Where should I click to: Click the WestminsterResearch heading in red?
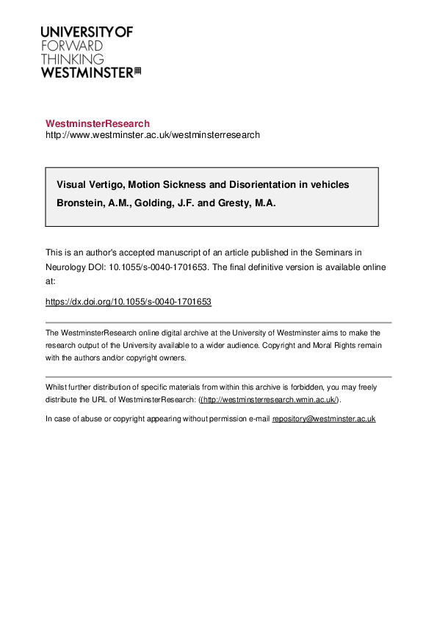coord(98,123)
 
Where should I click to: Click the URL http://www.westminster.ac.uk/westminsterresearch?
coord(153,135)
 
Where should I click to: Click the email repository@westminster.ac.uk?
coord(324,418)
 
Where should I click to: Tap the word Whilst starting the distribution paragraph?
coord(55,387)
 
